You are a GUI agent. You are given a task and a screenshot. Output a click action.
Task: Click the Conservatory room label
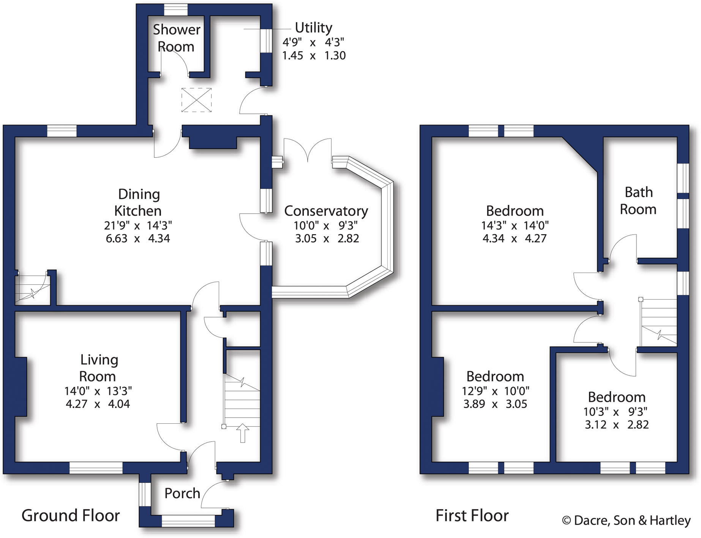click(326, 211)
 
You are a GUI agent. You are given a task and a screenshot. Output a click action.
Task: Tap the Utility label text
click(313, 28)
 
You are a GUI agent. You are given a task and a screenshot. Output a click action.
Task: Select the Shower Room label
click(176, 38)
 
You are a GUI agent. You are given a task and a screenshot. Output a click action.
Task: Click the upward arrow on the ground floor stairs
click(243, 433)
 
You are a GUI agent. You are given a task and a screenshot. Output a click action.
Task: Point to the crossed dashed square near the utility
click(196, 100)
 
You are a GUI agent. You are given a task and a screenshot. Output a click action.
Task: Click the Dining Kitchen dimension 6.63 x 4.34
click(138, 238)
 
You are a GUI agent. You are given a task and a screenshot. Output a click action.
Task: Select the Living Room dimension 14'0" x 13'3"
click(98, 391)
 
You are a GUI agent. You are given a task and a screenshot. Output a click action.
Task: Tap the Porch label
click(182, 493)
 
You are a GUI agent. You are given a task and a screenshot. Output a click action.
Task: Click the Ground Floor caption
click(71, 516)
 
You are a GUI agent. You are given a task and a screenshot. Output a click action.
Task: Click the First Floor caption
click(472, 516)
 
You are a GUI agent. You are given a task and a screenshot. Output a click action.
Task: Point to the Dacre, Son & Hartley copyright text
click(626, 520)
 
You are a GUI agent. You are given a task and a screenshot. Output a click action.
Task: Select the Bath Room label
click(638, 201)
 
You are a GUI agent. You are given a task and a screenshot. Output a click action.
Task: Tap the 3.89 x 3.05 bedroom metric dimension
click(495, 404)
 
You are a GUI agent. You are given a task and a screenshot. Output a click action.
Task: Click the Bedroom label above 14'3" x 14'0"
click(515, 211)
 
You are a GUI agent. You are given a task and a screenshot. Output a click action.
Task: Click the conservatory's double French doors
click(308, 150)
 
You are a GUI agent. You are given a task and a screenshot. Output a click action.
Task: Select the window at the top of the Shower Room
click(176, 9)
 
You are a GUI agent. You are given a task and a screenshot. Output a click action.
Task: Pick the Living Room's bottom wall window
click(96, 468)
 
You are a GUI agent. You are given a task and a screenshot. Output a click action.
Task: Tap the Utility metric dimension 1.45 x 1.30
click(314, 56)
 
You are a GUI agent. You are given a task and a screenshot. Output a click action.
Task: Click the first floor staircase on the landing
click(659, 323)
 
